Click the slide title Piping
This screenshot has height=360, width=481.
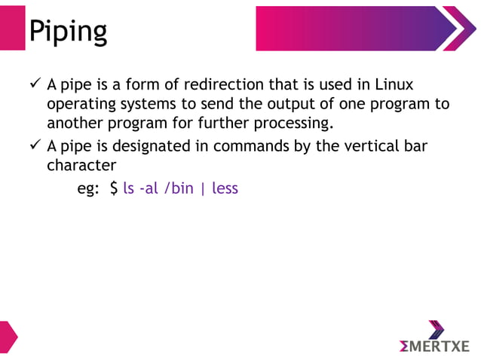[x=68, y=31]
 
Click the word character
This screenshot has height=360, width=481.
[x=81, y=165]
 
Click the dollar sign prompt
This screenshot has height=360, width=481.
[x=114, y=188]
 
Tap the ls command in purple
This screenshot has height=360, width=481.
[x=128, y=188]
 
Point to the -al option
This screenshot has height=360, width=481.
[x=149, y=188]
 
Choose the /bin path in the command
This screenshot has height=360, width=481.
[x=179, y=188]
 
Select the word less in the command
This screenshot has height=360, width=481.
[x=225, y=188]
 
